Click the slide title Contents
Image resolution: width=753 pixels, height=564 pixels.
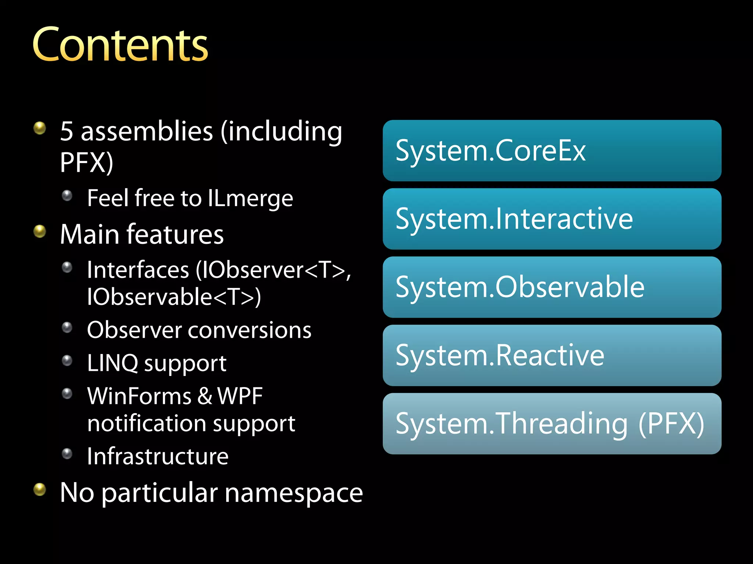click(120, 45)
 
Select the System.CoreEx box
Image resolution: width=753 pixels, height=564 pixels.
click(552, 151)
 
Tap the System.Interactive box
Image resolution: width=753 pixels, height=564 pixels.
click(552, 219)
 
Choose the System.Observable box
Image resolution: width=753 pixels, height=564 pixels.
click(552, 287)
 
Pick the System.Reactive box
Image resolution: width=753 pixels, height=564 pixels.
click(552, 355)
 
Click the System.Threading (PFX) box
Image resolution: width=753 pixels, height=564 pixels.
click(552, 424)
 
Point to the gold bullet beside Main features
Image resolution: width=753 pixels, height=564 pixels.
click(40, 231)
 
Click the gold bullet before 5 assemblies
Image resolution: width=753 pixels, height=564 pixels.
click(40, 128)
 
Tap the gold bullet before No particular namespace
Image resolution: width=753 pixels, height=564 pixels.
click(40, 489)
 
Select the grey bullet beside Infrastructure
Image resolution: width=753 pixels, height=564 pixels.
click(67, 454)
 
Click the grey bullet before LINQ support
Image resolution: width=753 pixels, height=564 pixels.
click(67, 361)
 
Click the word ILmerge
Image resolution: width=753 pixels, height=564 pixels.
click(250, 199)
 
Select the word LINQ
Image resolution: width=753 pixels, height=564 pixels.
click(113, 363)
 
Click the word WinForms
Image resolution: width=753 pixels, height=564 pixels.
click(139, 396)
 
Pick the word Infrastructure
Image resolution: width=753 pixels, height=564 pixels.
click(158, 456)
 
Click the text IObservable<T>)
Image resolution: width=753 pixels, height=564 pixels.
click(174, 297)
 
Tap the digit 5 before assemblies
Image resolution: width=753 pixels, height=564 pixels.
click(67, 131)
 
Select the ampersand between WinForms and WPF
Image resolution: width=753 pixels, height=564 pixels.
click(205, 396)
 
